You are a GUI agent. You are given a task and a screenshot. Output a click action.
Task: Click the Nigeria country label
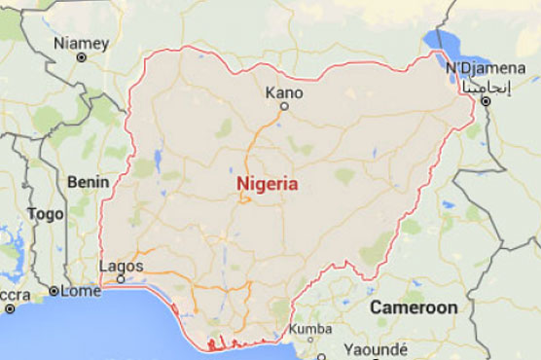[268, 182]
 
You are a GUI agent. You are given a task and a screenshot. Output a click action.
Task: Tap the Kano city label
[284, 93]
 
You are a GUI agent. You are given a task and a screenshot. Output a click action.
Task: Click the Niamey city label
[81, 42]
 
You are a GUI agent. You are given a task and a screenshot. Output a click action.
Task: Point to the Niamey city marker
[81, 57]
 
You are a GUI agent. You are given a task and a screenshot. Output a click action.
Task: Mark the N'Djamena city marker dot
[484, 100]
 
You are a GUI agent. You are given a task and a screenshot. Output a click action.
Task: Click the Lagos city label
[122, 266]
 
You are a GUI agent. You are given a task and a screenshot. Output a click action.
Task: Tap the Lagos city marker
[121, 279]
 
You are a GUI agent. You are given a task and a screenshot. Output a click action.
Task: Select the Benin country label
[85, 181]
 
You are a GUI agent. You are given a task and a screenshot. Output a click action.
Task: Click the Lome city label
[81, 291]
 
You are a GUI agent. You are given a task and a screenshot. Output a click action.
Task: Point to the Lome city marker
[54, 291]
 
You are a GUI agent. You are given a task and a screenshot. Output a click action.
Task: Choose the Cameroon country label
[414, 307]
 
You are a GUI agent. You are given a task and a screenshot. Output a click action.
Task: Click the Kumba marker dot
[297, 342]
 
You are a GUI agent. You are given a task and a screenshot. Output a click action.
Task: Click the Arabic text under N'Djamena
[484, 87]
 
